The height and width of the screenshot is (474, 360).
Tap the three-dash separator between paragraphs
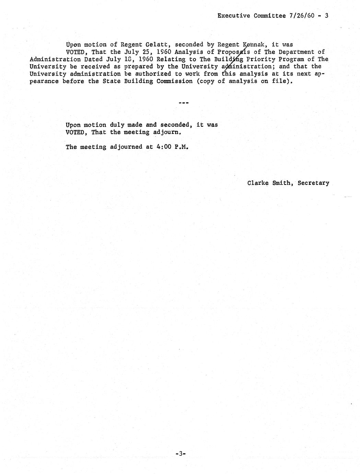184,103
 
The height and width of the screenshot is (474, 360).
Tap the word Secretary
313,183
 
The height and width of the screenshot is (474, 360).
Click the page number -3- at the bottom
180,454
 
